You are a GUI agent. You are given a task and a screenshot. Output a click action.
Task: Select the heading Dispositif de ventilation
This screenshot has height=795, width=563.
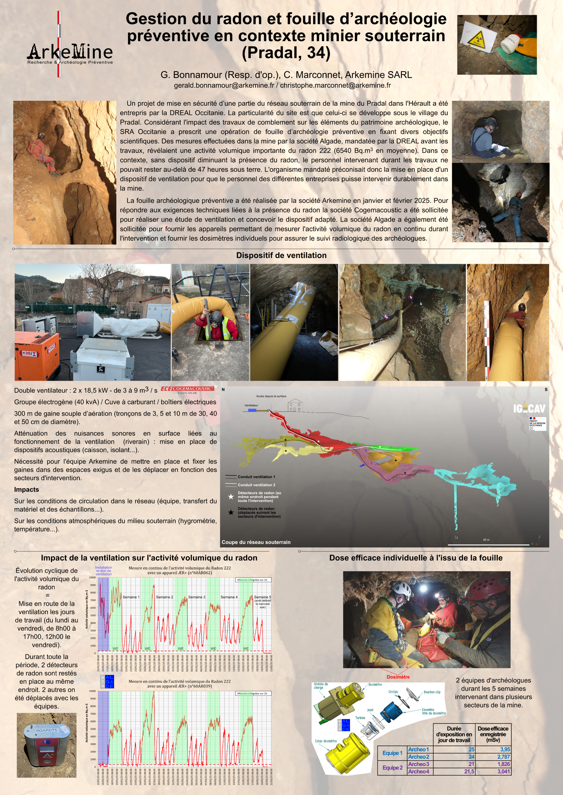point(281,255)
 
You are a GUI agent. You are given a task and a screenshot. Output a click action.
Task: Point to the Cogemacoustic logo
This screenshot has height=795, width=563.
point(188,389)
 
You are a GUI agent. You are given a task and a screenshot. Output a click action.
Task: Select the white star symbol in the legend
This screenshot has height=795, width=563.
point(231,496)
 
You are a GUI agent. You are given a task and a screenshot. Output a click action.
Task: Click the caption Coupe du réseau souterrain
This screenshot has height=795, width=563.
point(256,542)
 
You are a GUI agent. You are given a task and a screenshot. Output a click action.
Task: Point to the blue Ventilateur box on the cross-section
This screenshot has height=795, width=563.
point(252,410)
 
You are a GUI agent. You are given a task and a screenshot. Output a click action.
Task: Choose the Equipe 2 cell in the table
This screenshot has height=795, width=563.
point(392,768)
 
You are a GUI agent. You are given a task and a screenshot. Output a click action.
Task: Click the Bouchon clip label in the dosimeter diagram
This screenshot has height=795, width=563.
point(432,692)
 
